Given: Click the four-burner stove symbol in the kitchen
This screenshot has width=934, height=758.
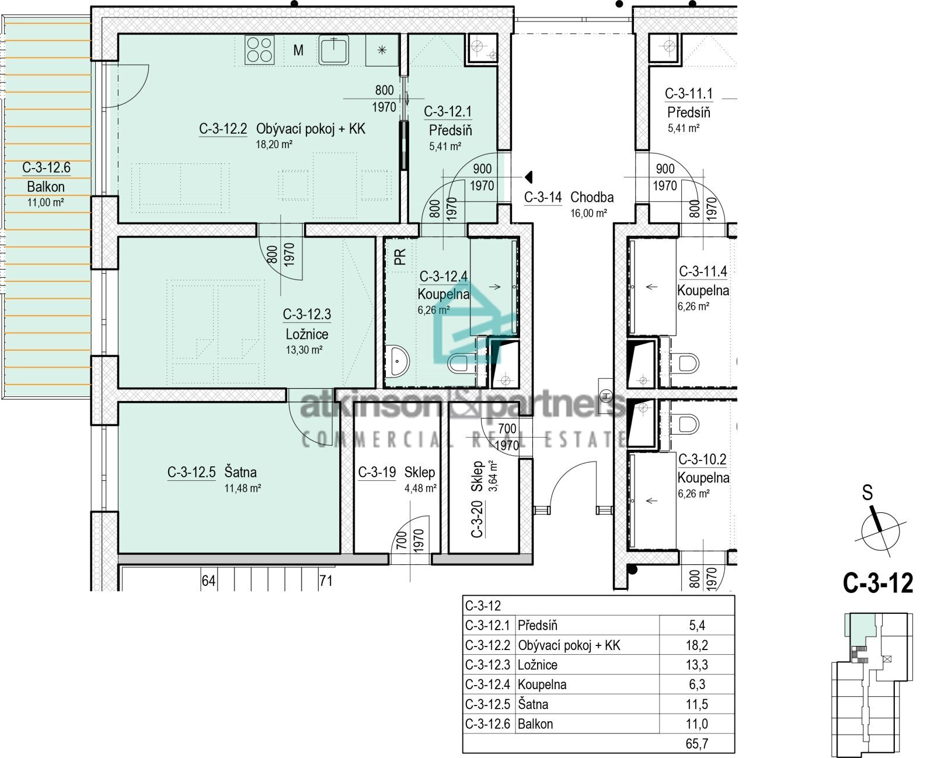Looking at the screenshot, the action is point(260,50).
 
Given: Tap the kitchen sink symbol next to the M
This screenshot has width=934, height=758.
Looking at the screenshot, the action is point(333,50).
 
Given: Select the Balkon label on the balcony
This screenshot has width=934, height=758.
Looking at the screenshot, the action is point(46,187).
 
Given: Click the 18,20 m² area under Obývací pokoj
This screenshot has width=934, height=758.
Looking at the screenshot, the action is point(274,144).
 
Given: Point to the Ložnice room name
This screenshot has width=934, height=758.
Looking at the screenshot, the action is point(307,334).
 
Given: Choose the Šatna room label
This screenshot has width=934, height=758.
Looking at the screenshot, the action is point(241,471).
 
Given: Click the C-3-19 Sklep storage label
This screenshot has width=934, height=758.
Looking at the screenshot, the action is point(397,472).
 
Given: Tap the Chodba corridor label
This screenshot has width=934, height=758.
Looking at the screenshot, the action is point(592,197).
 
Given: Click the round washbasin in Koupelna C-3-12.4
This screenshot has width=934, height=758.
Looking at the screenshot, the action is point(398,361).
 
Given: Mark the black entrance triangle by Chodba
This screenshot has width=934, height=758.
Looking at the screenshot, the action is point(529,177).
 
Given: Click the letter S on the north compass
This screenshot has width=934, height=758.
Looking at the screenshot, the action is point(867,492).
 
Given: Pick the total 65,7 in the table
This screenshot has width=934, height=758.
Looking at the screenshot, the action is point(697,744).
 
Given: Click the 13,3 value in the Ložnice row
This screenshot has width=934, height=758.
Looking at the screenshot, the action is point(697,665).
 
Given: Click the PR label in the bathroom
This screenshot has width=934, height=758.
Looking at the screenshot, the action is point(400,257).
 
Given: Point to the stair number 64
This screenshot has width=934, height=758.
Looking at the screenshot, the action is point(208,581).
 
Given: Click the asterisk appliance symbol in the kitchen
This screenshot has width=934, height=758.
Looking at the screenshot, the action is point(382,50).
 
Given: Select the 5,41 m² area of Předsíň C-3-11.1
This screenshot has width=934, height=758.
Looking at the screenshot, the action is point(684,128).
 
